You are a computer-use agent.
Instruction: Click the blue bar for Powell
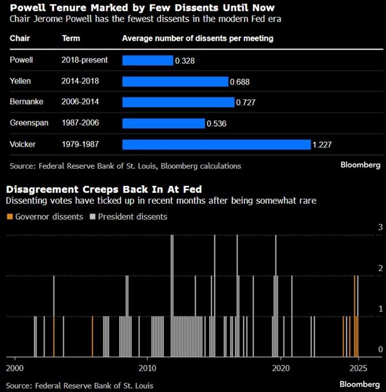tap(147, 60)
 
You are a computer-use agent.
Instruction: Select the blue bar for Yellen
tap(175, 82)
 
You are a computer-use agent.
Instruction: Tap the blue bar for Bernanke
tap(178, 102)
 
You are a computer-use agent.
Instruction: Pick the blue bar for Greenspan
tap(163, 123)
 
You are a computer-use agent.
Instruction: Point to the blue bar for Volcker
tap(216, 144)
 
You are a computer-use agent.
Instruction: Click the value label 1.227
tap(323, 144)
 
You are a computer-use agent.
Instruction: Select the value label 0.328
tap(185, 60)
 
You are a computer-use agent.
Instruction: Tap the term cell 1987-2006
tap(81, 123)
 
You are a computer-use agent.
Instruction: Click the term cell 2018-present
tap(85, 60)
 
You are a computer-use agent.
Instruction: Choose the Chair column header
tap(20, 39)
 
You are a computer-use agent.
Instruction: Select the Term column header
tap(71, 39)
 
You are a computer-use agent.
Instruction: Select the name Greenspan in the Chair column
tap(28, 123)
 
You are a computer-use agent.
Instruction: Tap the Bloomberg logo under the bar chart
tap(360, 165)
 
